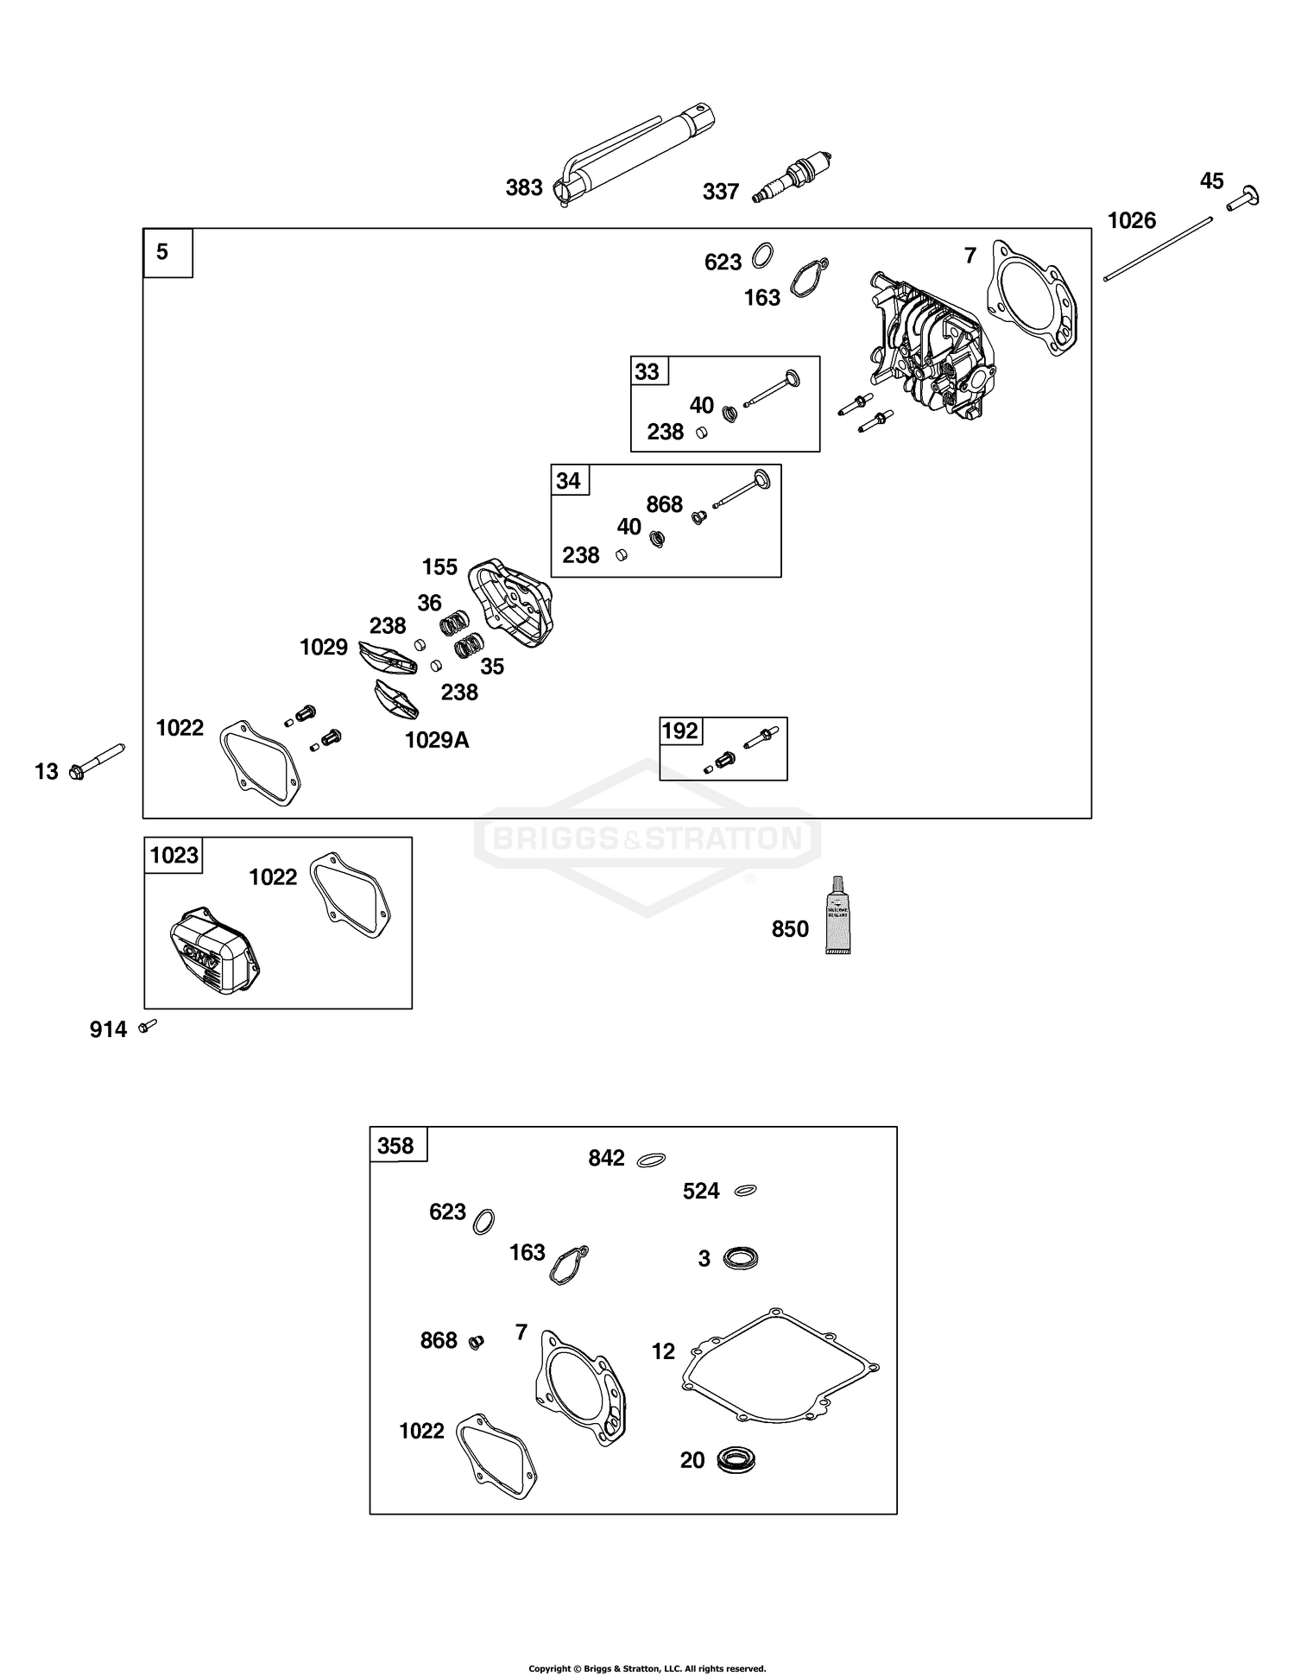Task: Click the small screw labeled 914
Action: coord(148,1025)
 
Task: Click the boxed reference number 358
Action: coord(396,1146)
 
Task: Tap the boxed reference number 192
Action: coord(679,731)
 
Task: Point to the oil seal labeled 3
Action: coord(740,1257)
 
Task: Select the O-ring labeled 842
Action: coord(651,1160)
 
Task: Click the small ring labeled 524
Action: coord(745,1191)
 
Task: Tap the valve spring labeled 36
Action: coord(455,620)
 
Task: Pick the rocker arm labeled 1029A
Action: coord(396,699)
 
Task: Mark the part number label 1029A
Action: coord(437,740)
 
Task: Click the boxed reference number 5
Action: coord(163,252)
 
